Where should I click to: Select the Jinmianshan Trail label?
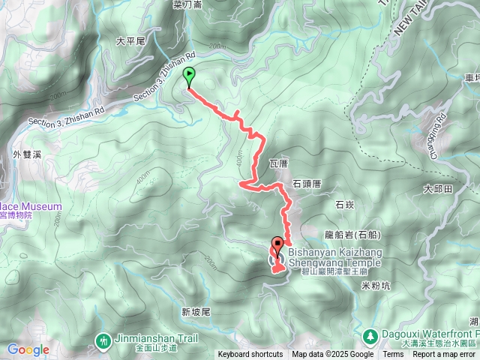[148, 338]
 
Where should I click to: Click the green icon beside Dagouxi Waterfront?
[370, 334]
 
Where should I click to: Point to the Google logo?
[28, 349]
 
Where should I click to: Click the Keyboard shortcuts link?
[250, 355]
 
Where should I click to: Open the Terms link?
[393, 355]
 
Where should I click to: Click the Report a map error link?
[445, 355]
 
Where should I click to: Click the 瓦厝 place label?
[279, 163]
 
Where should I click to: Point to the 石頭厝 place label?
[306, 182]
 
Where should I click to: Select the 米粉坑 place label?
[376, 286]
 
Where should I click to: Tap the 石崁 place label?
[344, 204]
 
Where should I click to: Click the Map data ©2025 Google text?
[333, 355]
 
